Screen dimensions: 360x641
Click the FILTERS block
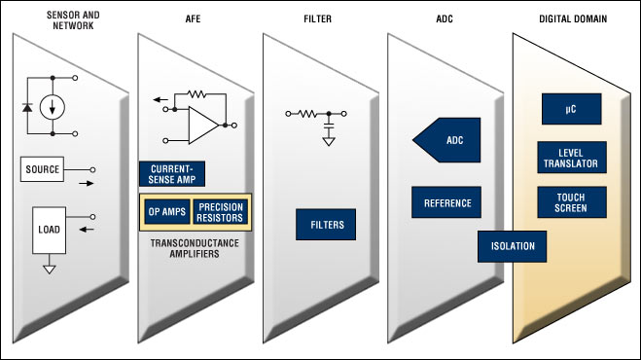click(x=326, y=226)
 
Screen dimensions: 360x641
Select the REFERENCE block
click(x=446, y=202)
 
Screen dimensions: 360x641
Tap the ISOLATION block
click(x=512, y=245)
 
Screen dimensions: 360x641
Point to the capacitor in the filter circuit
click(x=329, y=126)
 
